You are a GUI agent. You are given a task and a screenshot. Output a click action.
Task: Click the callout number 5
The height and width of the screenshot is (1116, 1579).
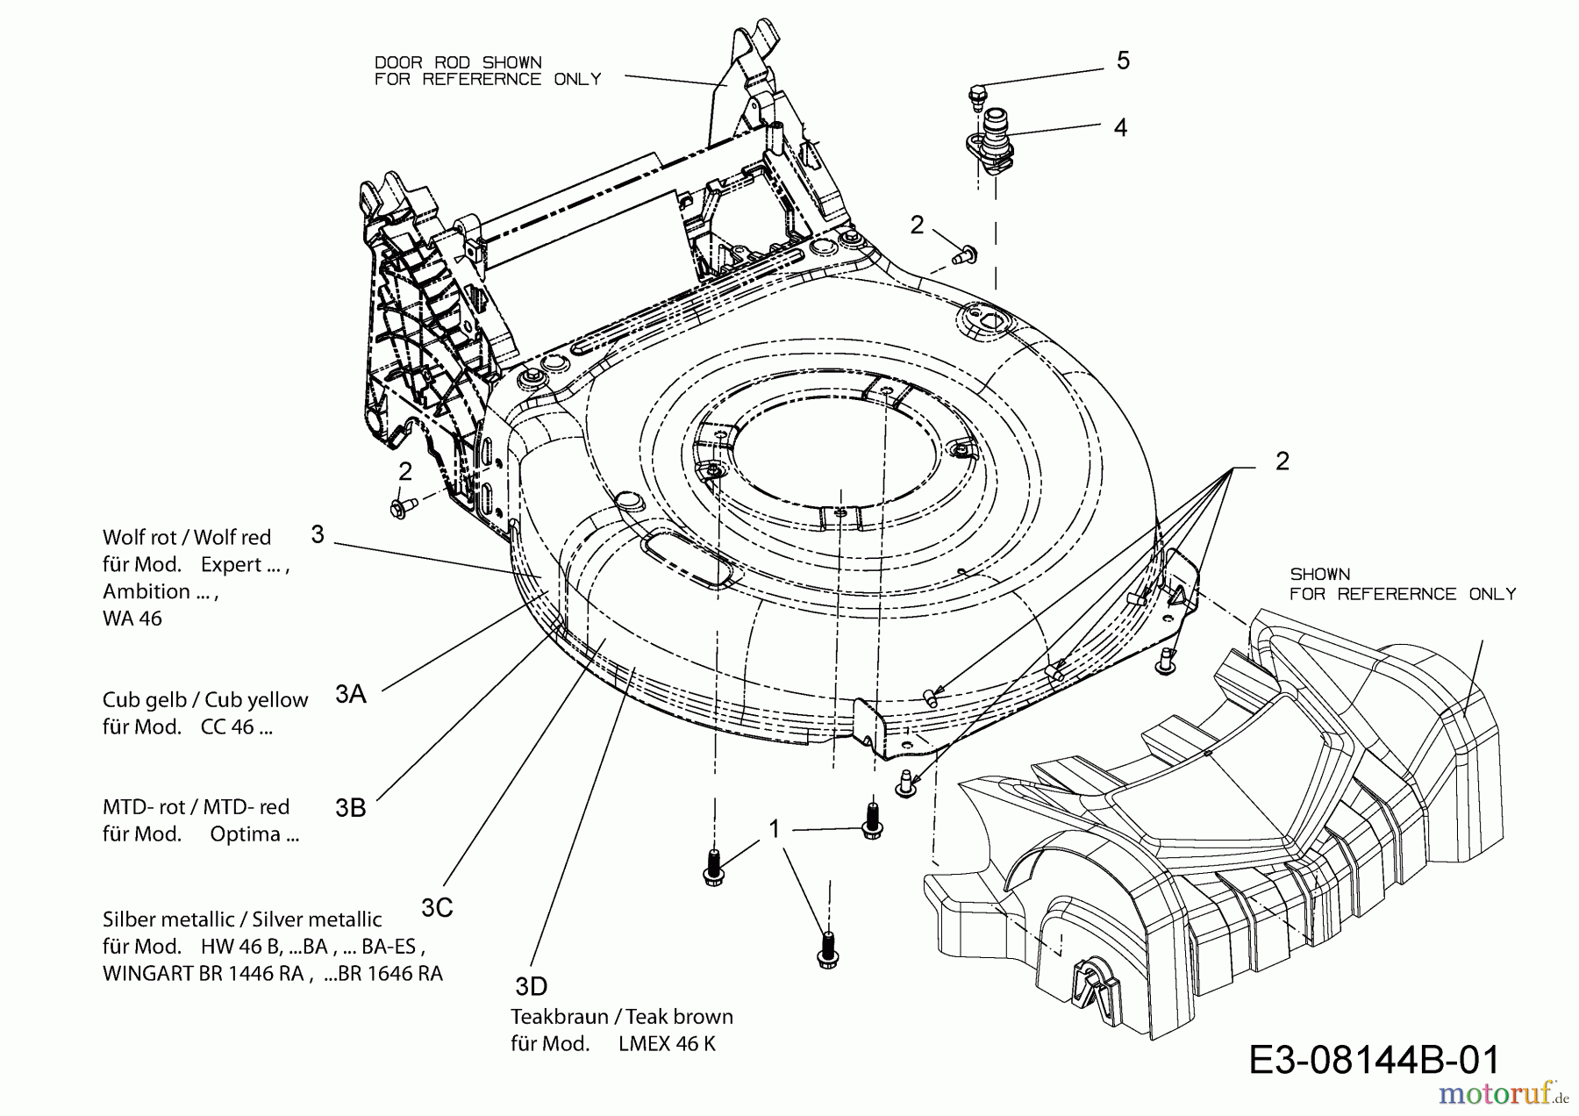1123,61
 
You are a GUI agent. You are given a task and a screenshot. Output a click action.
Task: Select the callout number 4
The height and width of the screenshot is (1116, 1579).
1120,127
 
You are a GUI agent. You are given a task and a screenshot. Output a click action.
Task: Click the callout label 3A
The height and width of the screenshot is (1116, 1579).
351,694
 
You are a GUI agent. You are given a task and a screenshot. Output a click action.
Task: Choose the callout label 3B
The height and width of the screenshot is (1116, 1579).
351,807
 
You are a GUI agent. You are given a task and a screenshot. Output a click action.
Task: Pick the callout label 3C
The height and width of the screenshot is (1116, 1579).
437,908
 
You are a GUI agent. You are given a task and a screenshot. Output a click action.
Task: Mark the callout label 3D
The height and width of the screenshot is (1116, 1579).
531,987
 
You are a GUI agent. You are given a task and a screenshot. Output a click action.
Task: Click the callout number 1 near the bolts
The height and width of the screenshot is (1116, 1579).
775,829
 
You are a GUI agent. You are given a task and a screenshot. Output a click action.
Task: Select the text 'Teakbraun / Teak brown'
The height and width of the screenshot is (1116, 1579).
622,1017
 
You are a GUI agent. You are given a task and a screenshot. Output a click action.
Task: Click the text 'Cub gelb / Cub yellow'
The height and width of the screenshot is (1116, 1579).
205,700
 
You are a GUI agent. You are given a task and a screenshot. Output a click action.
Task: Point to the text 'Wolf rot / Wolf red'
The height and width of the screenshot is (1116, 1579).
187,537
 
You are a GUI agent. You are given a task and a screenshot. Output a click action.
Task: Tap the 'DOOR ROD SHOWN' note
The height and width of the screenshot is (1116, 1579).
458,63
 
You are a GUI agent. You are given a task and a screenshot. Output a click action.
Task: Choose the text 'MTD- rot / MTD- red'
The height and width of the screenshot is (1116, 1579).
196,807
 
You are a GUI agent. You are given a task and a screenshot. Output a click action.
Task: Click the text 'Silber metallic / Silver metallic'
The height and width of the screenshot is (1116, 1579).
242,919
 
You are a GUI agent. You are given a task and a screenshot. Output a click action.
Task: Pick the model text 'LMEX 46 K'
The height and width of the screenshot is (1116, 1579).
667,1044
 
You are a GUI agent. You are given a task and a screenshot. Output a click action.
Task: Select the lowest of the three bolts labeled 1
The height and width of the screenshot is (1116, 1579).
825,951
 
